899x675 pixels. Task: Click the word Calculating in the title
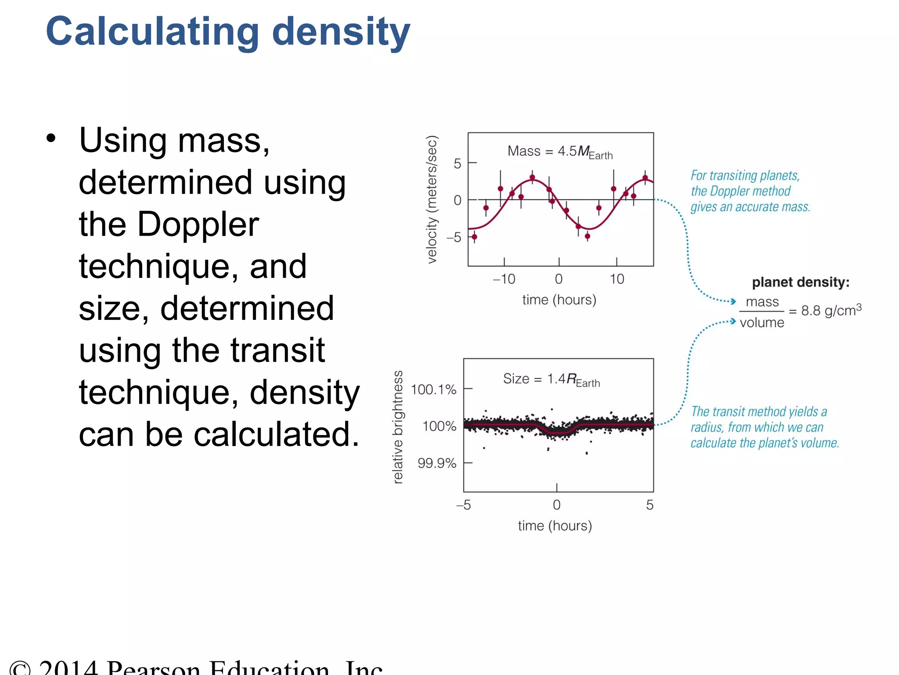tap(152, 32)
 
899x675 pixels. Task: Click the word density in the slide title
tap(341, 32)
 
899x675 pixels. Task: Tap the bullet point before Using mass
tap(51, 139)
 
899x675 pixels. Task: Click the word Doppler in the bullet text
tap(198, 224)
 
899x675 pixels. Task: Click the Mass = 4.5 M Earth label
tap(560, 152)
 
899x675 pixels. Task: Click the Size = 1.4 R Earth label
tap(551, 379)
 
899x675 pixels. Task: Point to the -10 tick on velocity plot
tap(504, 279)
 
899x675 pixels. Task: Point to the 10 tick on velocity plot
tap(617, 279)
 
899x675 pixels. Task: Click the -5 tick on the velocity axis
tap(454, 238)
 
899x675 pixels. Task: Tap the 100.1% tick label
tap(433, 389)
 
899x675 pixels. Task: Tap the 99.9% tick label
tap(437, 463)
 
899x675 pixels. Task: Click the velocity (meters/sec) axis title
tap(432, 200)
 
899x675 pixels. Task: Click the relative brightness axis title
tap(398, 427)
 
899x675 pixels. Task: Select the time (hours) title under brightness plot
tap(555, 526)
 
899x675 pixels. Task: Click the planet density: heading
tap(801, 282)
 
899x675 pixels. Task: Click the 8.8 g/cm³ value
tap(831, 310)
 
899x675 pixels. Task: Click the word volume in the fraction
tap(762, 323)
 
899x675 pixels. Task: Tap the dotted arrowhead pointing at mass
tap(733, 301)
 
